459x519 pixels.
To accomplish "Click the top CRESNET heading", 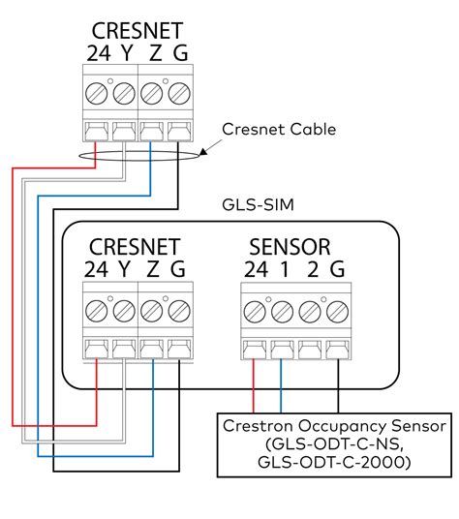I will (x=138, y=30).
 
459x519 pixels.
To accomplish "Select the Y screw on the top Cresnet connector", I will (x=124, y=94).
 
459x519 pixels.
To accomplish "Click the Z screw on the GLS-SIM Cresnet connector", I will (x=152, y=311).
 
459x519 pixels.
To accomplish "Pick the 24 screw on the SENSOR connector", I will (x=254, y=312).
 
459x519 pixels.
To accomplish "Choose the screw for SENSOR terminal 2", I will (x=308, y=312).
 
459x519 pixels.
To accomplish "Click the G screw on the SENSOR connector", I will (x=335, y=312).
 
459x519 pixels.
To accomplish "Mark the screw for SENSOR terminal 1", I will (x=281, y=312).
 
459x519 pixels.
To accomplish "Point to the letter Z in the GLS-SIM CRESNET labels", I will (x=152, y=270).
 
